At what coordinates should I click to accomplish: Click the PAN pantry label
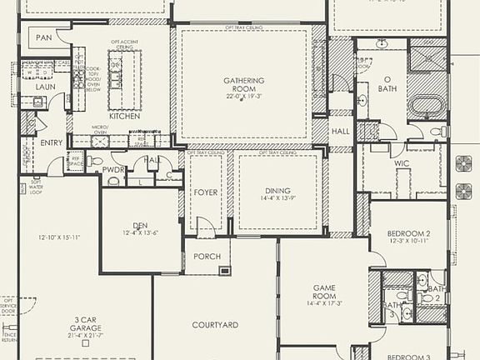coord(44,37)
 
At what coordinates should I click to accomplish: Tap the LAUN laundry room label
coord(46,86)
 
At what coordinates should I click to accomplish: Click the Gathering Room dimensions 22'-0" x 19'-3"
coord(243,96)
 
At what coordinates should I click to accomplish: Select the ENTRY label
coord(52,142)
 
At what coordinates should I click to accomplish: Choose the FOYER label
coord(205,191)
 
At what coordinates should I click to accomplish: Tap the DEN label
coord(140,225)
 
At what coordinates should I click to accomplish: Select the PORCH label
coord(207,256)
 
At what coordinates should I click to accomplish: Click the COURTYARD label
coord(215,325)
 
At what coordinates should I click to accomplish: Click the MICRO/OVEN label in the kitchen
coord(99,131)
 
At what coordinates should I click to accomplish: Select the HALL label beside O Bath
coord(340,132)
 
